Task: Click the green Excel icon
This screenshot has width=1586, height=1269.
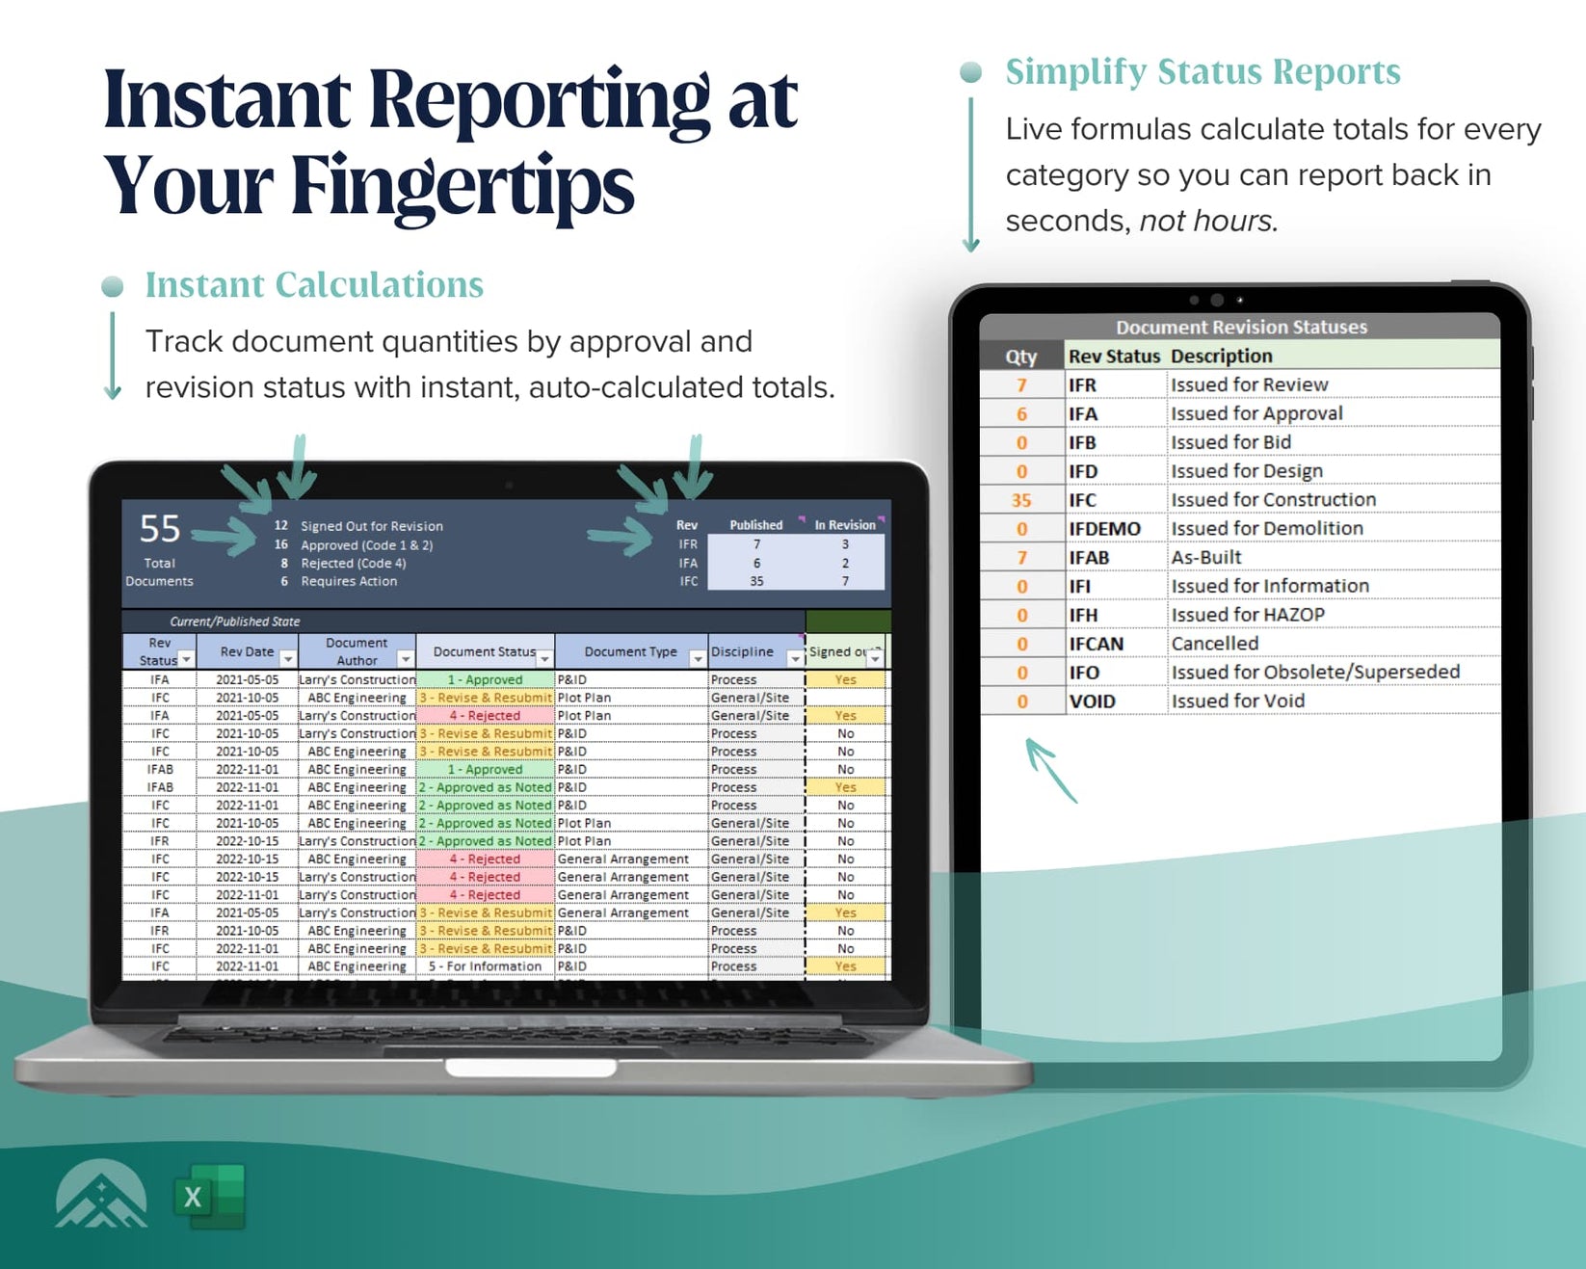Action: click(209, 1196)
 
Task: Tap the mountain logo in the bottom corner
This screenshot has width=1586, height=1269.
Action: click(101, 1195)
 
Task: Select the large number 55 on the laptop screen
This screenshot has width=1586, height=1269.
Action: click(160, 529)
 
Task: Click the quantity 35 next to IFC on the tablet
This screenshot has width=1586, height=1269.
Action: click(1021, 500)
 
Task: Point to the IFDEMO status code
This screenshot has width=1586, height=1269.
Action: click(1104, 529)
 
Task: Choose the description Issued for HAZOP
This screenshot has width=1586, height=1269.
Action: click(1248, 615)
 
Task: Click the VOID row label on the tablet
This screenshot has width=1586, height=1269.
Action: click(1092, 701)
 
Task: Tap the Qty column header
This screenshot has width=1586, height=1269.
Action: click(1021, 357)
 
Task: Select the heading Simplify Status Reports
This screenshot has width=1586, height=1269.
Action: click(1203, 72)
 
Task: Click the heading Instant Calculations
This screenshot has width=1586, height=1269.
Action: click(314, 285)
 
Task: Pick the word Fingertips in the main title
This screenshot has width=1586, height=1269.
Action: click(463, 186)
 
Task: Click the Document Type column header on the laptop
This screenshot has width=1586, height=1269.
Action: click(630, 651)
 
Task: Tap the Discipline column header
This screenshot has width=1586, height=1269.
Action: click(742, 651)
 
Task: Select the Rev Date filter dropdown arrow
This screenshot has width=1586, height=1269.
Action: click(287, 659)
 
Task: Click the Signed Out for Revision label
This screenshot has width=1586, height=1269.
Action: click(372, 526)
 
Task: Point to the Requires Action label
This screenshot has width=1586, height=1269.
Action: click(349, 581)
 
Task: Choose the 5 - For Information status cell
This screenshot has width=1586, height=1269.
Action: click(485, 966)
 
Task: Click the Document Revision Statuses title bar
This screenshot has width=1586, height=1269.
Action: click(1240, 328)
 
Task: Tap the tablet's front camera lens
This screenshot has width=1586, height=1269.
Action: click(1217, 300)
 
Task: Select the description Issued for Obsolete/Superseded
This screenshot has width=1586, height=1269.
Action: click(1315, 673)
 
